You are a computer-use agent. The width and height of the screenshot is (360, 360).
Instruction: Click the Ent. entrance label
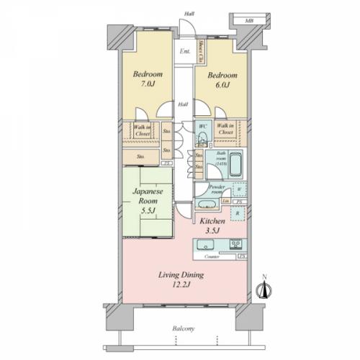(185, 51)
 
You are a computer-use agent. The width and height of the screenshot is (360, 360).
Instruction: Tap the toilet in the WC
(202, 137)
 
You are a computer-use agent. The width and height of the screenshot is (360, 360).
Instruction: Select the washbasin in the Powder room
(205, 204)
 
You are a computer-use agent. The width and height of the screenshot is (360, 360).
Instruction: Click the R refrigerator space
(238, 214)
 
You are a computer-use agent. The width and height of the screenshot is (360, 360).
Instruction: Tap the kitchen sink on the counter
(204, 246)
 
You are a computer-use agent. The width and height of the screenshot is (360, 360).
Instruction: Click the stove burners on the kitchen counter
(235, 246)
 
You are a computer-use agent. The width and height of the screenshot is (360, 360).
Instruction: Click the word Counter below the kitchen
(212, 256)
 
